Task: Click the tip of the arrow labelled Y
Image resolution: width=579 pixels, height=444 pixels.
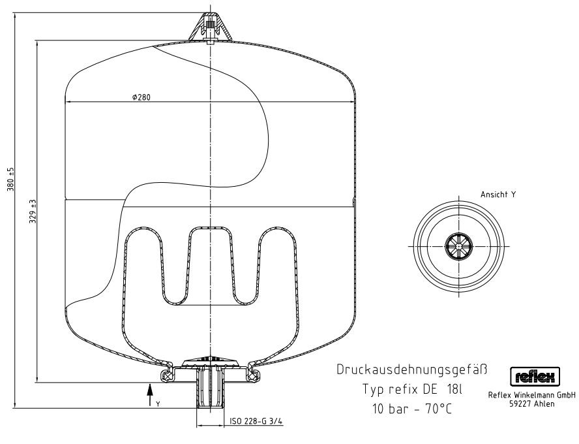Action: click(x=149, y=385)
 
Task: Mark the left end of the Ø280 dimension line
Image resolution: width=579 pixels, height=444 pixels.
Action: click(x=65, y=102)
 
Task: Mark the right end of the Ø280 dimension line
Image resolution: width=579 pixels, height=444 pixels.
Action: click(x=356, y=102)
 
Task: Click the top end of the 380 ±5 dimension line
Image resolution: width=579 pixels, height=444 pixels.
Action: click(x=15, y=13)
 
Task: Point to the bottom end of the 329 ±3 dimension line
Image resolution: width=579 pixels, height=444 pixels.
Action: click(x=37, y=382)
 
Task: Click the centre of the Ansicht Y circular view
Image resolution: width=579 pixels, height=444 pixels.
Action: click(x=458, y=246)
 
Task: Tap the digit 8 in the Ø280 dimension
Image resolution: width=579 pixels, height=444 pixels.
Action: click(x=143, y=97)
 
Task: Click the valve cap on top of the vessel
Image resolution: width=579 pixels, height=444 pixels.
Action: click(x=210, y=27)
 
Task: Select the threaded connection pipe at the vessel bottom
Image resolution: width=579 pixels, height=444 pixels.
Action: click(x=210, y=388)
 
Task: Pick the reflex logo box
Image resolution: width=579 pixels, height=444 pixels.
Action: click(x=535, y=377)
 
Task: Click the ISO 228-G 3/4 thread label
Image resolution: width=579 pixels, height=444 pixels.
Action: click(x=256, y=421)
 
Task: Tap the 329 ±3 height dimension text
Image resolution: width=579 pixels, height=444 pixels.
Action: click(x=33, y=212)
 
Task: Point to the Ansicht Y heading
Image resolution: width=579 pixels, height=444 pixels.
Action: click(x=497, y=195)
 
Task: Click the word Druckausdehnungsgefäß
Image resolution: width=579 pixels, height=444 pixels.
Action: click(x=412, y=370)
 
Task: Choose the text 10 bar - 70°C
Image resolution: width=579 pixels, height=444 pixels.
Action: click(x=412, y=409)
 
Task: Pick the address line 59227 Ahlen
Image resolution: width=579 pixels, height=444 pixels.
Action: click(x=532, y=404)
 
